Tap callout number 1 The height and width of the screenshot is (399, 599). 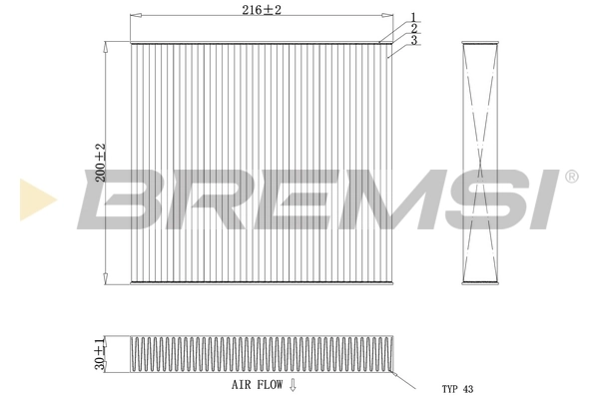[x=412, y=17]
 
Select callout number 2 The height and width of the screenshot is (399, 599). [x=412, y=28]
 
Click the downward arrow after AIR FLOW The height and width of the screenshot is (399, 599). [x=293, y=383]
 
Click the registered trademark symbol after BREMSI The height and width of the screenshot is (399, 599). [x=571, y=177]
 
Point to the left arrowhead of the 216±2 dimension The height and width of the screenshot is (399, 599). [x=135, y=16]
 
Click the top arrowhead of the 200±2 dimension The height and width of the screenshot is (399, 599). [x=106, y=46]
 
